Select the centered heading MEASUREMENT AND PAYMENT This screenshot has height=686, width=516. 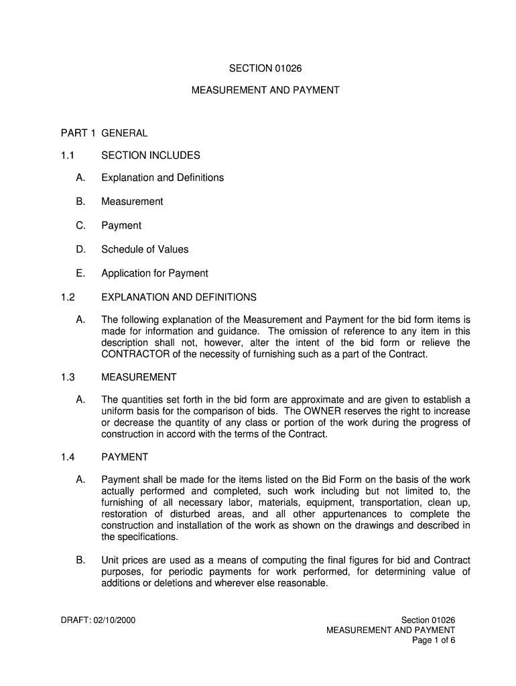pos(265,89)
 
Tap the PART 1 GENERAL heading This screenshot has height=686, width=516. pos(104,133)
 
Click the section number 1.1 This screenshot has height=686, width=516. pos(66,155)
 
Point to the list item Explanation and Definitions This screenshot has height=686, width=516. pos(162,178)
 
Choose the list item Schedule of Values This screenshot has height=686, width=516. pos(145,249)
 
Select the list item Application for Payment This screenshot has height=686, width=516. pos(154,273)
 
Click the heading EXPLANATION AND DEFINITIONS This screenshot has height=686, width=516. pos(178,297)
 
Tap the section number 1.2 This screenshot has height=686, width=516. pos(66,297)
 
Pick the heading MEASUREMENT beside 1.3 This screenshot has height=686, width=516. pos(139,377)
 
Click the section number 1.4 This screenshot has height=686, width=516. pos(66,457)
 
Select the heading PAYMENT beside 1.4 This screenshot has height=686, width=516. pos(125,457)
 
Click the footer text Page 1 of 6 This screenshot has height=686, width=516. pos(434,640)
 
